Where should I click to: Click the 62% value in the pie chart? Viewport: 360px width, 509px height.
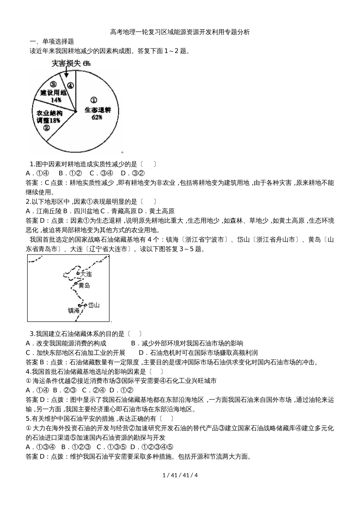tap(97, 117)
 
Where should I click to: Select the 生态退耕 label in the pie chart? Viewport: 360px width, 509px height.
tap(97, 110)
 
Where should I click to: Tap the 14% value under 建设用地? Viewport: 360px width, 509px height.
tap(56, 100)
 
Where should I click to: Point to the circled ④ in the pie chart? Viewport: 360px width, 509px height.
tap(70, 86)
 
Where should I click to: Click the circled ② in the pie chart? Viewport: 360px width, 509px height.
tap(47, 128)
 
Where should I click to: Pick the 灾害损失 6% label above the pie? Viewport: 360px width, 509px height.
tap(71, 63)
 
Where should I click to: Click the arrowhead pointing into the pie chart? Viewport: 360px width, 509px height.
tap(67, 76)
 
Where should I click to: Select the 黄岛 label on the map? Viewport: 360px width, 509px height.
tap(84, 285)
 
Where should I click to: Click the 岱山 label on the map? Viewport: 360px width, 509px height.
tap(94, 305)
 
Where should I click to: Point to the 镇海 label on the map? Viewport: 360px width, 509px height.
tap(74, 311)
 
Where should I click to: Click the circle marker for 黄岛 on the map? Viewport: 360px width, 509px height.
tap(76, 283)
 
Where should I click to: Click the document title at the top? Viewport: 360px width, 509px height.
tap(180, 32)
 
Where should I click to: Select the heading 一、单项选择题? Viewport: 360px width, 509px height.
tap(52, 41)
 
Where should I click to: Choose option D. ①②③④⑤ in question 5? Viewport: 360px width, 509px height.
tap(152, 447)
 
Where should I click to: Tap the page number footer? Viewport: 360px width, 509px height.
tap(180, 475)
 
